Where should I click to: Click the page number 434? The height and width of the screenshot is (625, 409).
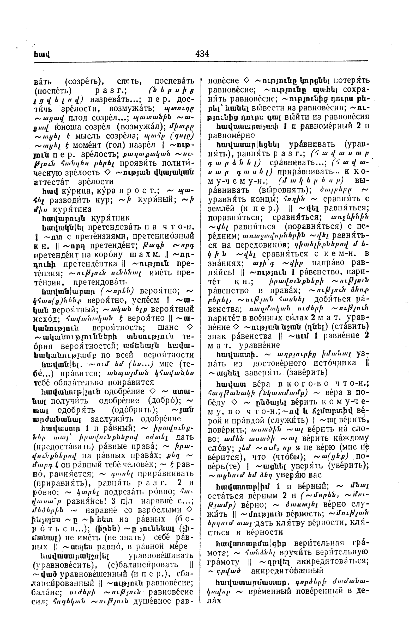[x=202, y=54]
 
